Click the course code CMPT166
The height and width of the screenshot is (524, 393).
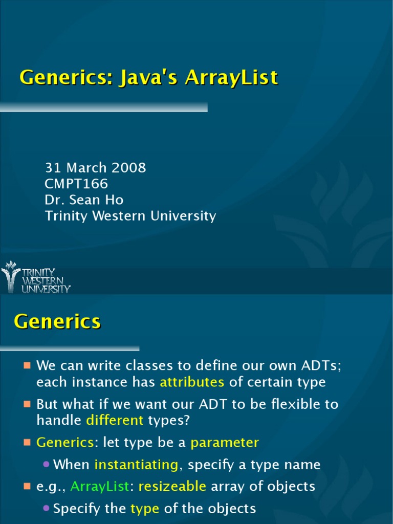tap(76, 184)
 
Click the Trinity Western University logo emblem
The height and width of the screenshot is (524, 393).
tap(10, 277)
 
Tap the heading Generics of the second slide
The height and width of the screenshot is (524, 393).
tap(57, 322)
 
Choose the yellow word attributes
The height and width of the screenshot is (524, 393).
tap(192, 382)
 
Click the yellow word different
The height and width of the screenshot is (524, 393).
tap(115, 421)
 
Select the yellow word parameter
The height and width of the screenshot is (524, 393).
tap(225, 443)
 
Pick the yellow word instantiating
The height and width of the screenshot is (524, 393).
tap(136, 465)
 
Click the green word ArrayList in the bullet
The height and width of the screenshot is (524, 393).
tap(100, 486)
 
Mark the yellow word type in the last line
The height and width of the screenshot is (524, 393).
tap(145, 509)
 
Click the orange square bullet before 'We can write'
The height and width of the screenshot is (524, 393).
tap(27, 366)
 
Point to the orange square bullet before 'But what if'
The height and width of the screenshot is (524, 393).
tap(27, 404)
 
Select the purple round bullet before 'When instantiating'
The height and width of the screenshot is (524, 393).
tap(46, 465)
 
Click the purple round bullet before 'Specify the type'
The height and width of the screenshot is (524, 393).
tap(46, 509)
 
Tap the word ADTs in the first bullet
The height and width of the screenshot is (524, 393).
tap(316, 366)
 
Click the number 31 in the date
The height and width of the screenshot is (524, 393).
tap(53, 168)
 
